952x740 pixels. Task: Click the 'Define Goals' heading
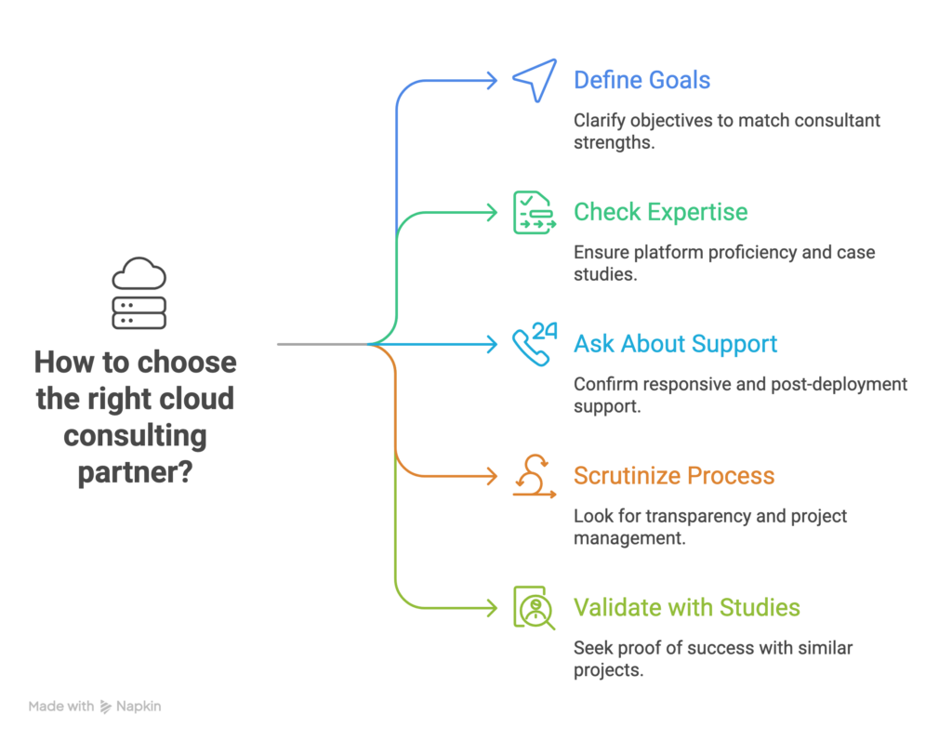[641, 80]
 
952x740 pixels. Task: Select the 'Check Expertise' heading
[660, 213]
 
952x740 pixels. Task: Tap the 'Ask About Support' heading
[675, 345]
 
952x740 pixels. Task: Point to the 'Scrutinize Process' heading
[673, 477]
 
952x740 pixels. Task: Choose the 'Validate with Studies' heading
[686, 608]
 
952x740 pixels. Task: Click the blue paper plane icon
[534, 81]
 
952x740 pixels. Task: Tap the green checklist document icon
[534, 213]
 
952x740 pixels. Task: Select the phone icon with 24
[534, 344]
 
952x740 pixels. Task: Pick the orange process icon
[534, 476]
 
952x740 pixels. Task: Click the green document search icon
[534, 608]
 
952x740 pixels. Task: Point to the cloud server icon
[139, 294]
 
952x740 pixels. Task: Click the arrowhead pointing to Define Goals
[493, 81]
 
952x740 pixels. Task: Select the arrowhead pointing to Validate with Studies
[493, 608]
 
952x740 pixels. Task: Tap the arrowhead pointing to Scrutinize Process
[493, 477]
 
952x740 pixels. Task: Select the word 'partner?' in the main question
[135, 473]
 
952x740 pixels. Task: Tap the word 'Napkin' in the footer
[139, 707]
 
